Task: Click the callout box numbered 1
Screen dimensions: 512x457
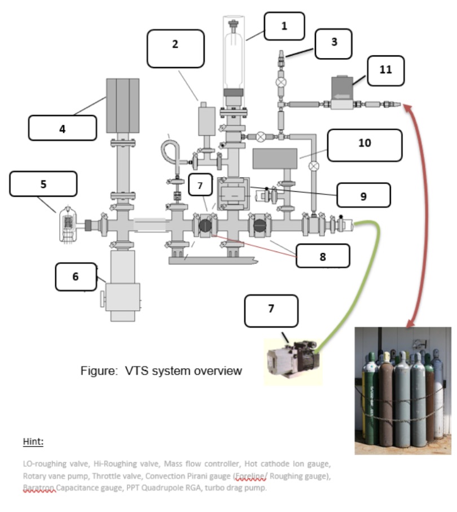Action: [x=284, y=26]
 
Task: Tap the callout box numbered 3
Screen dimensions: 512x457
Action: [x=333, y=43]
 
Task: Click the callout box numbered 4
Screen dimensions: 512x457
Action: [x=62, y=128]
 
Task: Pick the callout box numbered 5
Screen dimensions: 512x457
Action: [x=43, y=184]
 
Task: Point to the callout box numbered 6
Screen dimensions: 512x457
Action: [x=76, y=277]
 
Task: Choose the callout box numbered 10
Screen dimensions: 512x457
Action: [x=364, y=145]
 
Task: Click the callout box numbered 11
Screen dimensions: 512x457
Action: [x=385, y=70]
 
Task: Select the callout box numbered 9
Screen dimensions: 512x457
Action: [x=364, y=195]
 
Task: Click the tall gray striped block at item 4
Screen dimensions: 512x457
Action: [x=122, y=105]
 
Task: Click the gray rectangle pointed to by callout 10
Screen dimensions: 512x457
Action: [x=275, y=158]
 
